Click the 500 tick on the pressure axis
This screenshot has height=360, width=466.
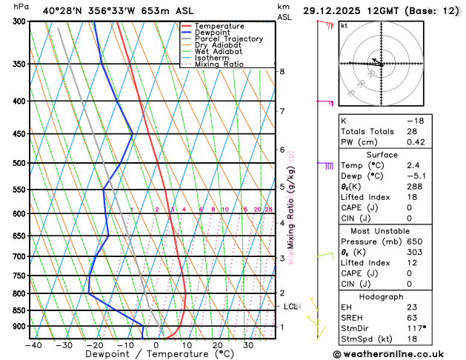(x=19, y=163)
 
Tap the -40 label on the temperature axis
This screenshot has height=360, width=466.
(x=33, y=344)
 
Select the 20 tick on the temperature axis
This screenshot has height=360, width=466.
(x=218, y=344)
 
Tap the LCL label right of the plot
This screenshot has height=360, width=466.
(x=291, y=306)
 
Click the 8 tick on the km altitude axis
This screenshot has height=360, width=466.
(x=282, y=71)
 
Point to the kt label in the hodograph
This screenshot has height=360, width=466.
(x=344, y=25)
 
